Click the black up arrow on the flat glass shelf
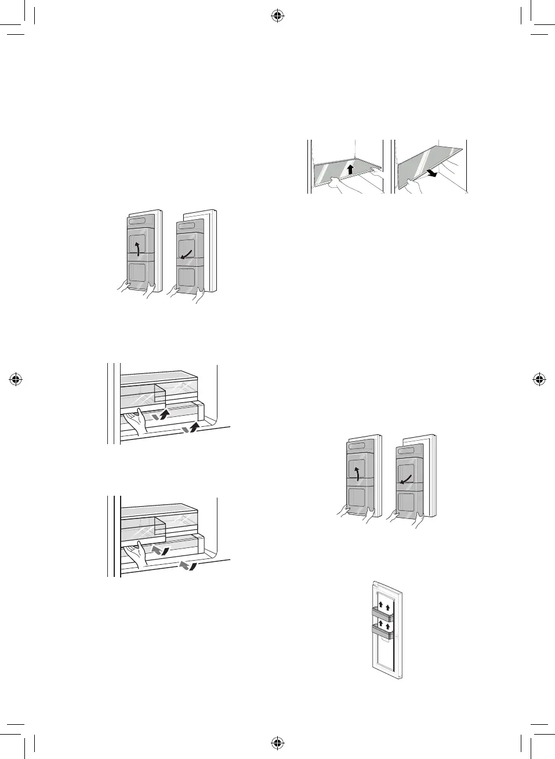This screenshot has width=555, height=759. click(x=350, y=169)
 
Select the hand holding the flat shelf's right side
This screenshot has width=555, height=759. click(x=376, y=171)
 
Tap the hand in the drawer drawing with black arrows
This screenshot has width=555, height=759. click(x=137, y=422)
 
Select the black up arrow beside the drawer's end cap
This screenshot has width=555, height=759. click(x=195, y=428)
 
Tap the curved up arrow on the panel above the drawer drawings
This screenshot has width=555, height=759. click(x=137, y=249)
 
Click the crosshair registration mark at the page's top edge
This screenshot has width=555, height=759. click(x=277, y=16)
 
